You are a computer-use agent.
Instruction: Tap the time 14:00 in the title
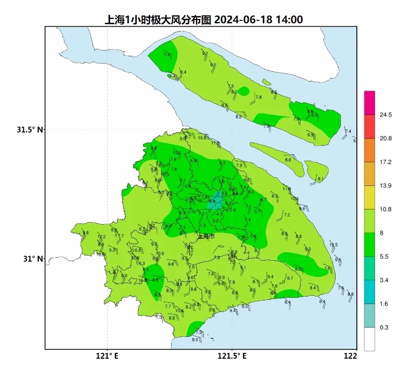289,20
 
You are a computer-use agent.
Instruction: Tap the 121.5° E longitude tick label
232,356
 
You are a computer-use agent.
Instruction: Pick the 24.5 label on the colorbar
386,115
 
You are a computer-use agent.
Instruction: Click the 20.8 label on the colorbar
386,138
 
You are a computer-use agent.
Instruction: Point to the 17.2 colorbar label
386,162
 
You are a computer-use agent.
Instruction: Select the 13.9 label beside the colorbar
386,186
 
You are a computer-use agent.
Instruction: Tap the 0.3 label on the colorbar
384,328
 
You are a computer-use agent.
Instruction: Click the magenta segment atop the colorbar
369,102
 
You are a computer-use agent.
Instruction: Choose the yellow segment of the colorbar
369,197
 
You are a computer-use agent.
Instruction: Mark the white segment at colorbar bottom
369,339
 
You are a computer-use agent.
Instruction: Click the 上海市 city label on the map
207,236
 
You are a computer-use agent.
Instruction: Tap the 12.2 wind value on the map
101,237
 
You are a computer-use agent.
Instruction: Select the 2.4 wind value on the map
232,210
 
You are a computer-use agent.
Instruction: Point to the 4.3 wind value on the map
155,280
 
